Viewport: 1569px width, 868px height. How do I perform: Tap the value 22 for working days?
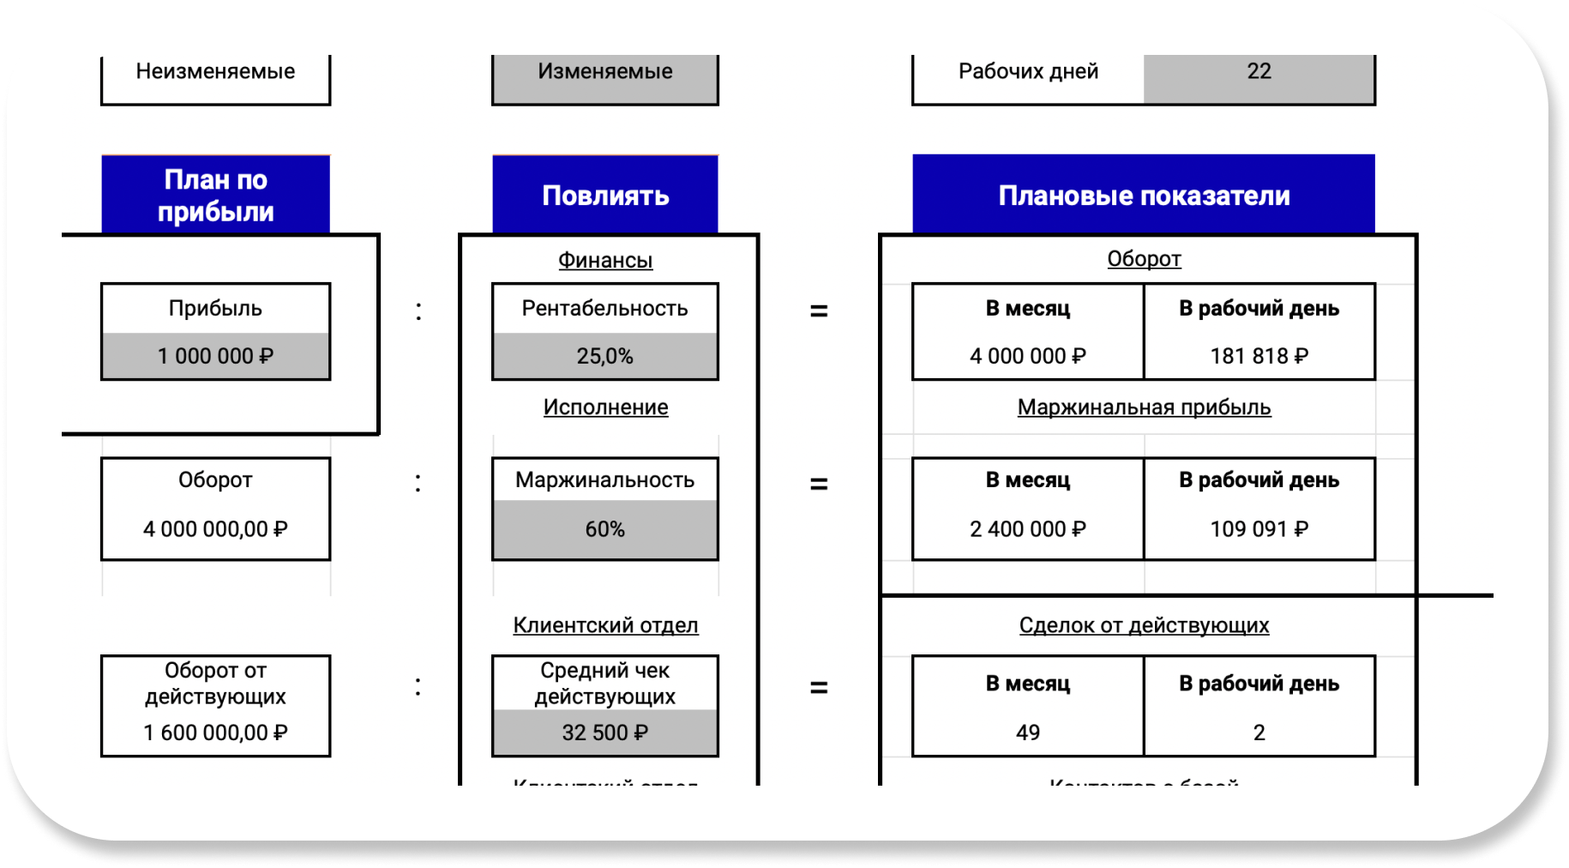[1259, 72]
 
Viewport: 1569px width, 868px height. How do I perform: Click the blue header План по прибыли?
[215, 196]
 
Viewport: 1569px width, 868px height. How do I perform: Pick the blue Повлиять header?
[605, 196]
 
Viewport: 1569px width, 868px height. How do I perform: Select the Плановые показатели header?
[1144, 196]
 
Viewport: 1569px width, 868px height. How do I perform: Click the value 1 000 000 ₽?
[215, 356]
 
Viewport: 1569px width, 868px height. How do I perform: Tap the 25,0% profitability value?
[605, 356]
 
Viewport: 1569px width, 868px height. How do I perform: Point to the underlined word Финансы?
[605, 260]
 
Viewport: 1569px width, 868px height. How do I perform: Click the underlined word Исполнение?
[605, 407]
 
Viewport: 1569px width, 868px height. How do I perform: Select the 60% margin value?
[605, 529]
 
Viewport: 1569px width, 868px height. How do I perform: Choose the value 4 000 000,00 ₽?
[215, 529]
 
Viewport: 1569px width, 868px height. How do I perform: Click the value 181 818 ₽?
[1259, 356]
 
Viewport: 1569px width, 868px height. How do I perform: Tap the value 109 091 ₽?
[1259, 529]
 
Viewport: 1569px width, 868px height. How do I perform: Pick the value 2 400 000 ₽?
[1027, 529]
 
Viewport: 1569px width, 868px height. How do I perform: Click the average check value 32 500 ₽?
[605, 732]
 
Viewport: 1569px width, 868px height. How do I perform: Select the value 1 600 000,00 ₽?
[215, 732]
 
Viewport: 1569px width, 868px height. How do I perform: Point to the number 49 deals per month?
[1027, 732]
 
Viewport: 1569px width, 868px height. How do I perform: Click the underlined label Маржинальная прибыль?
[1144, 407]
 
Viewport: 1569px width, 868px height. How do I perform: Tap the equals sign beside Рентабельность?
[819, 311]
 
